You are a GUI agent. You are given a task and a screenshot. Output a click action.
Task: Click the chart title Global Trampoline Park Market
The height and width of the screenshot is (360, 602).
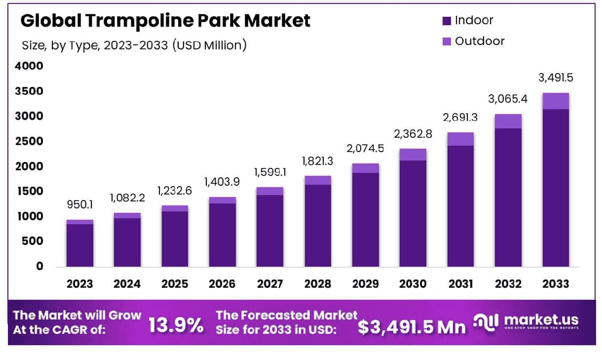click(x=166, y=21)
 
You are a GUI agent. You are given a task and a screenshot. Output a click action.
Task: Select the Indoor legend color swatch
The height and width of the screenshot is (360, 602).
click(x=447, y=21)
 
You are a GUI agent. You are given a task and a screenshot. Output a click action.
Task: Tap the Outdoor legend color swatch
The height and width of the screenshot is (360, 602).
click(x=447, y=41)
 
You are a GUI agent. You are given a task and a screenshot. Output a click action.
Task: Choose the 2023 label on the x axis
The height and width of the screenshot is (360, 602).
click(x=79, y=284)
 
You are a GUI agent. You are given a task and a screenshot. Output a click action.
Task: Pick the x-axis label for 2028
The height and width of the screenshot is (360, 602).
click(x=317, y=284)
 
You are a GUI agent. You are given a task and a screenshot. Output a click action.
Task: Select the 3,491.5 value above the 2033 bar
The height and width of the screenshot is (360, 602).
click(x=555, y=78)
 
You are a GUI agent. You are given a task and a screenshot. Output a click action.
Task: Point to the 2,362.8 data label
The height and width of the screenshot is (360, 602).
click(x=413, y=134)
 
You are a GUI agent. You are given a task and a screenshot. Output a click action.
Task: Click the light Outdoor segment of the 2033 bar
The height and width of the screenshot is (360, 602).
click(x=555, y=101)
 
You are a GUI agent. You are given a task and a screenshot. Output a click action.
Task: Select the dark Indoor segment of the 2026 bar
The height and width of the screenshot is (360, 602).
click(x=223, y=235)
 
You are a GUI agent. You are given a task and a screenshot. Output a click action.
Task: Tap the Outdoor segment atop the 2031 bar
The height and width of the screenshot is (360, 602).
click(x=460, y=139)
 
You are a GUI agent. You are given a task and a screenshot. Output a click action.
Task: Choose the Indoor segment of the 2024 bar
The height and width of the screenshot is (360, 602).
click(x=127, y=242)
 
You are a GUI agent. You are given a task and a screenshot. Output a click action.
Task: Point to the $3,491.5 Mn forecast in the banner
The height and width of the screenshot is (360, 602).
click(x=412, y=326)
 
